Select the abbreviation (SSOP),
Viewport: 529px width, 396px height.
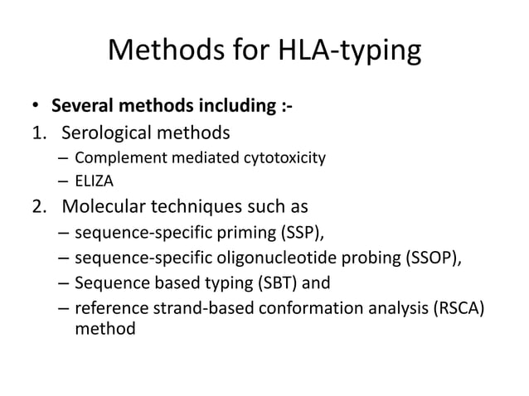[x=430, y=258]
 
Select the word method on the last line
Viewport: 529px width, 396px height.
[x=103, y=329]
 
